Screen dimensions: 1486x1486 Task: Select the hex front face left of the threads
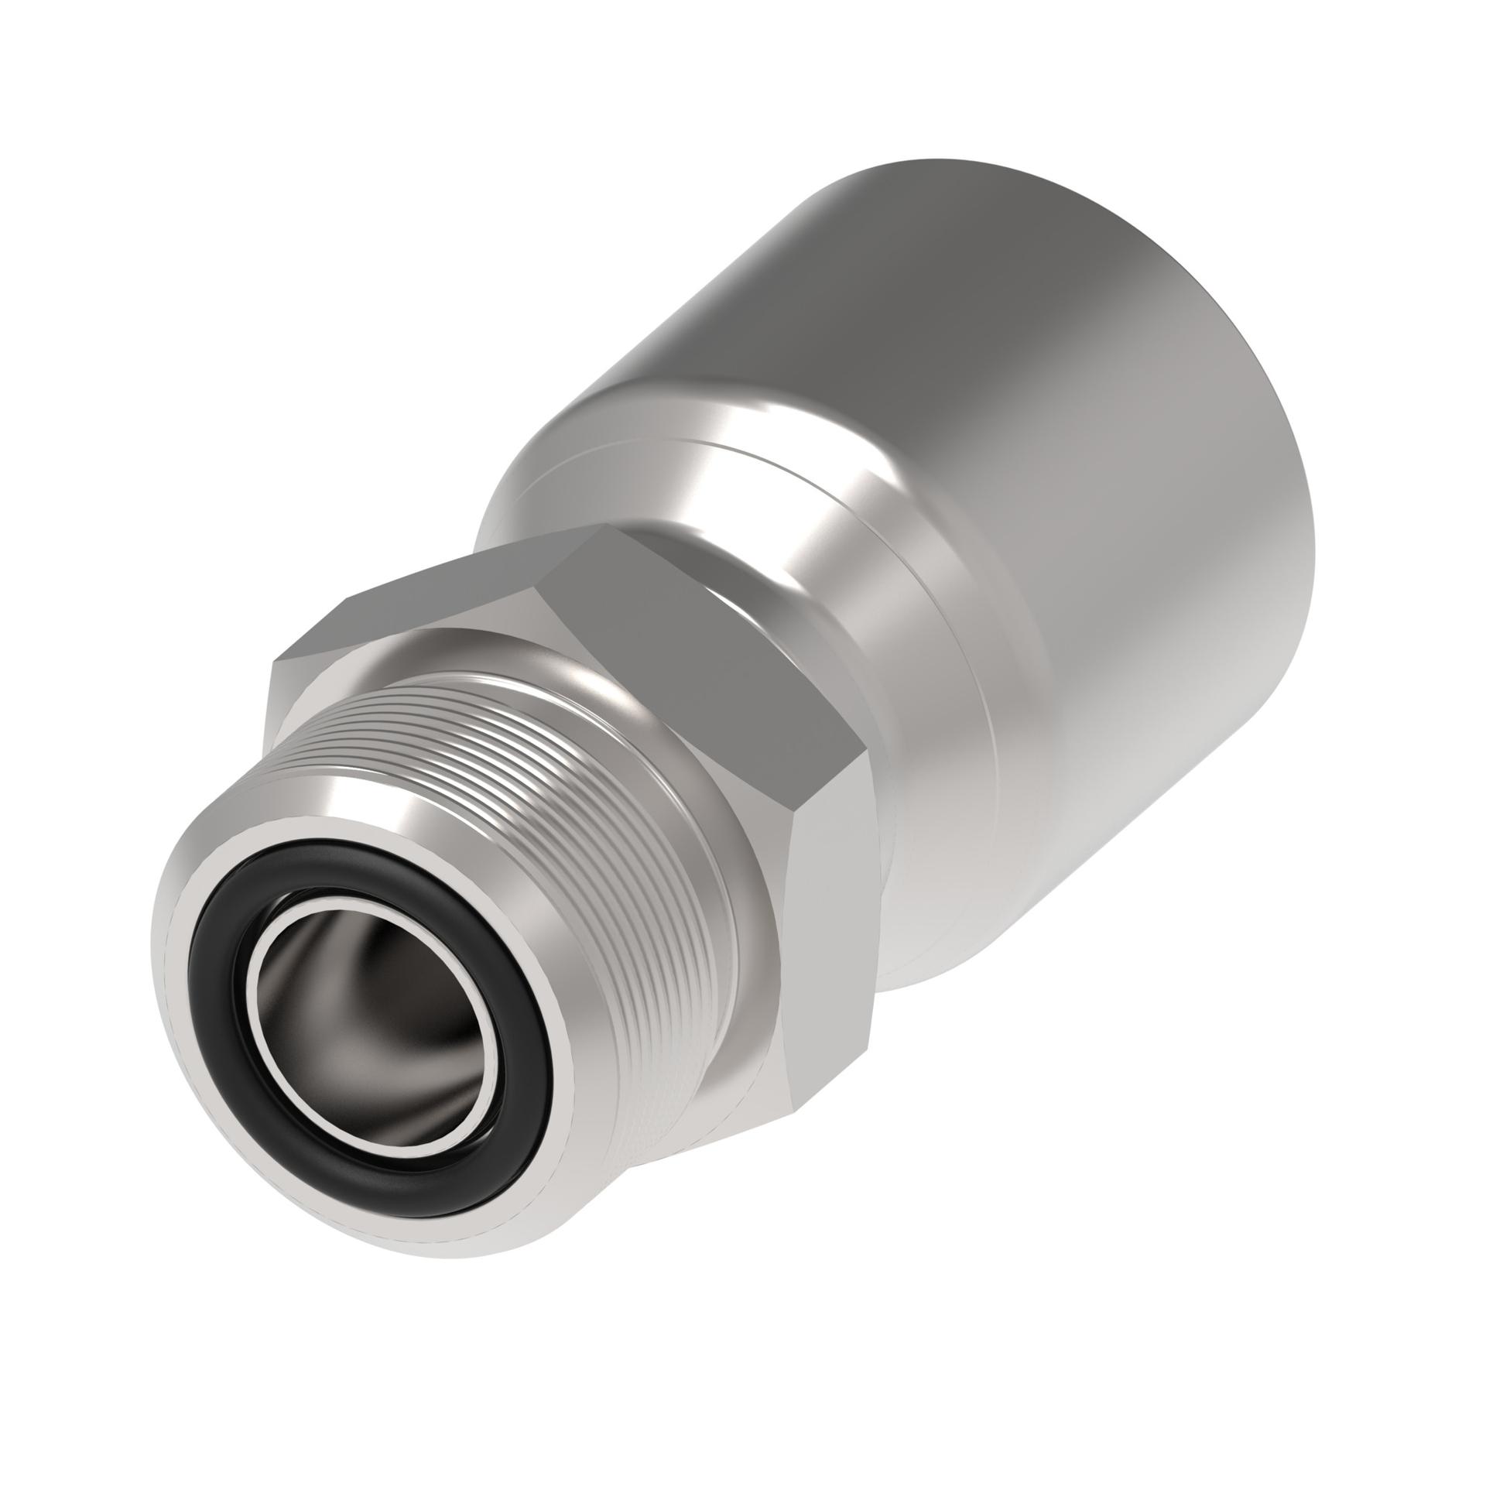310,697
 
